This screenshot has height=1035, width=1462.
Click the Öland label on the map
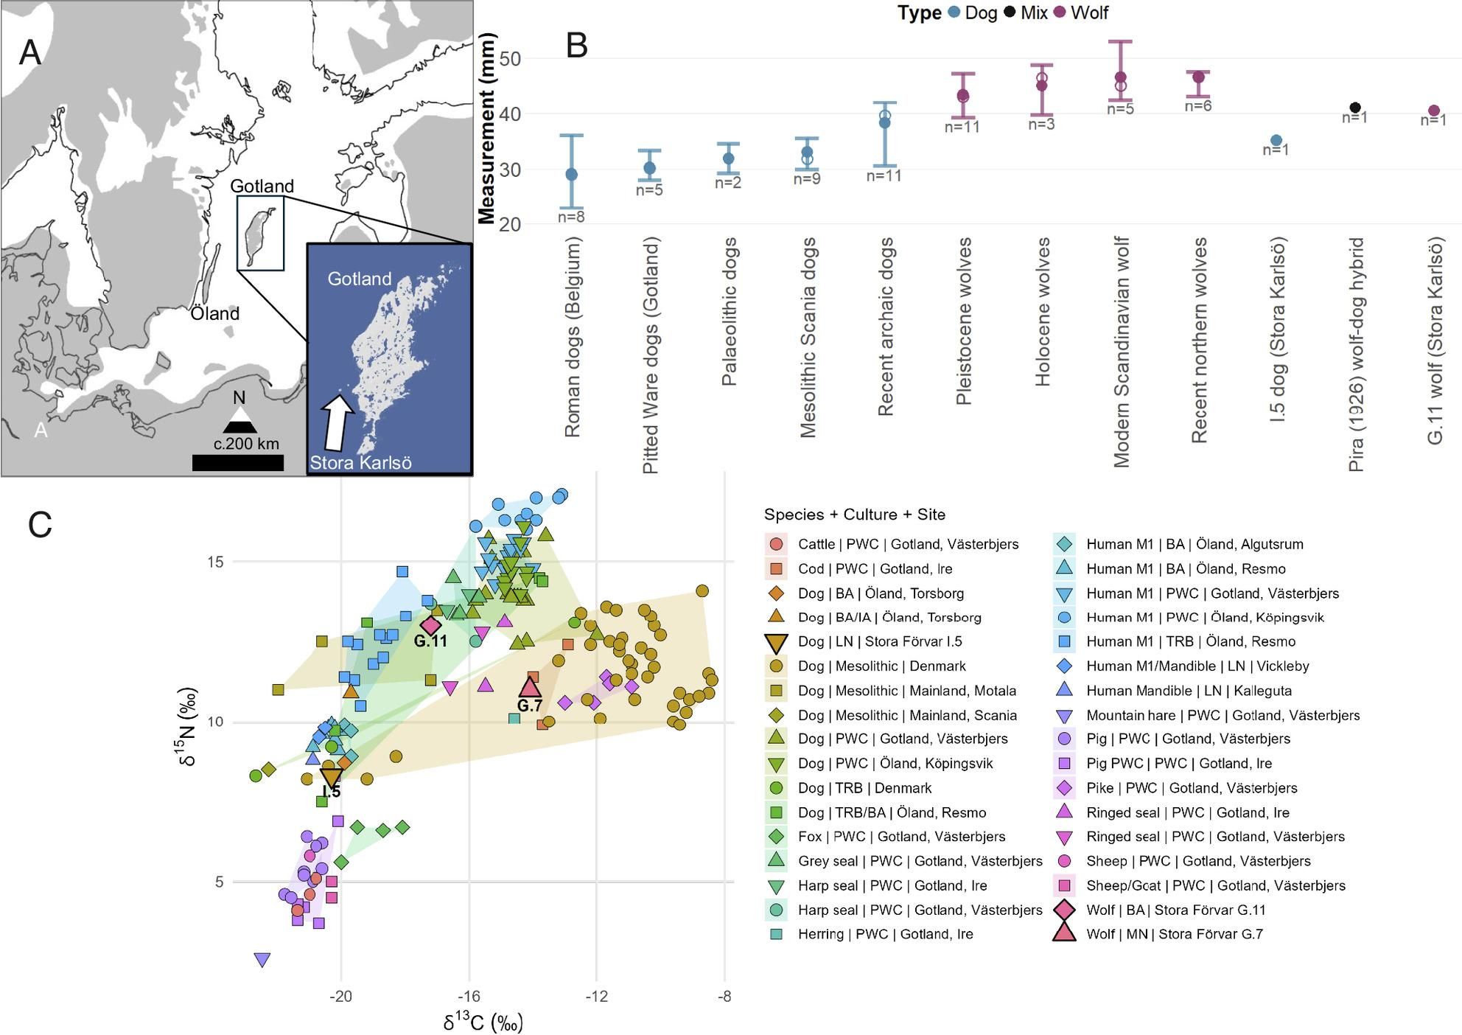tap(215, 313)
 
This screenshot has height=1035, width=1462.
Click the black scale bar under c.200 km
tap(238, 462)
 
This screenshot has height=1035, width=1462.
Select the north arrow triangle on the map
tap(239, 421)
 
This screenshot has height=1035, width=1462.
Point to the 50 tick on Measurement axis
tap(510, 58)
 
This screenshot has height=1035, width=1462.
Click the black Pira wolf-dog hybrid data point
tap(1354, 108)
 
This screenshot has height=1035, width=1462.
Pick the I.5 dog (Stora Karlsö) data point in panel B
tap(1276, 140)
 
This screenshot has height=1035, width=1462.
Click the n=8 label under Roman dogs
tap(571, 217)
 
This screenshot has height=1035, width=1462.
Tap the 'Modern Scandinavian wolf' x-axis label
tap(1121, 352)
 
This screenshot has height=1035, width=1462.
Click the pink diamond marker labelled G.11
tap(431, 624)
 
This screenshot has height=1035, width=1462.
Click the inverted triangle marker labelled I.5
tap(332, 777)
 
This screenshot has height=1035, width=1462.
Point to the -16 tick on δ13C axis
tap(469, 997)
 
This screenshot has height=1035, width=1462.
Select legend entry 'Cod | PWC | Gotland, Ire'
tap(875, 568)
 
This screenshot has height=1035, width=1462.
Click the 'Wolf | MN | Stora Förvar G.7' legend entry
tap(1174, 934)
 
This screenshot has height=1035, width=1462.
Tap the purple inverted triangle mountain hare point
tap(262, 960)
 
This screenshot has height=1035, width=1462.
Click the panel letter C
tap(40, 524)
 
